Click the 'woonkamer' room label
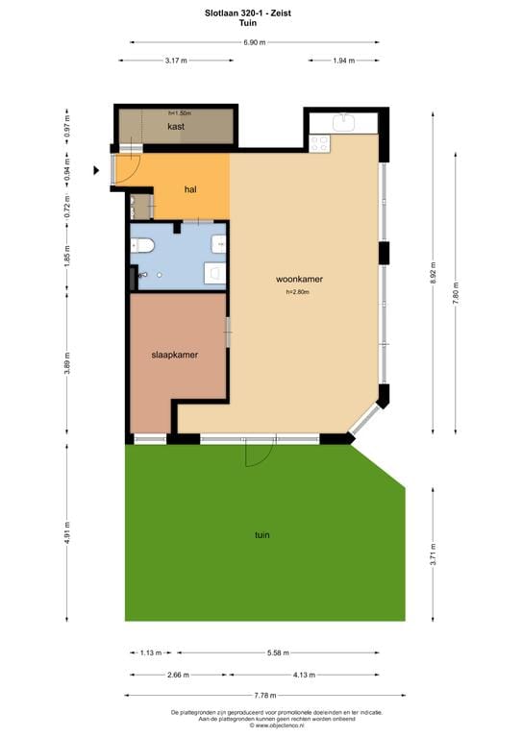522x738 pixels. point(299,280)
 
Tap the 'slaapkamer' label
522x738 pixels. point(175,355)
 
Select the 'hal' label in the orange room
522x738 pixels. point(190,189)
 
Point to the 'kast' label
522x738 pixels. point(176,127)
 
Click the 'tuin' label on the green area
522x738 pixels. point(261,535)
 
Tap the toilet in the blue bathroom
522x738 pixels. point(145,245)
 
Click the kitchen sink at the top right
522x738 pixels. point(344,122)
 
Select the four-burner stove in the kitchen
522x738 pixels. point(319,142)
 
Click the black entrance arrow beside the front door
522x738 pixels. point(96,171)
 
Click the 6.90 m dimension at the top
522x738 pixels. point(255,42)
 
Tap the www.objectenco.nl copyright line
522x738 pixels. point(261,726)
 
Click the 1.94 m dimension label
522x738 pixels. point(344,61)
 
